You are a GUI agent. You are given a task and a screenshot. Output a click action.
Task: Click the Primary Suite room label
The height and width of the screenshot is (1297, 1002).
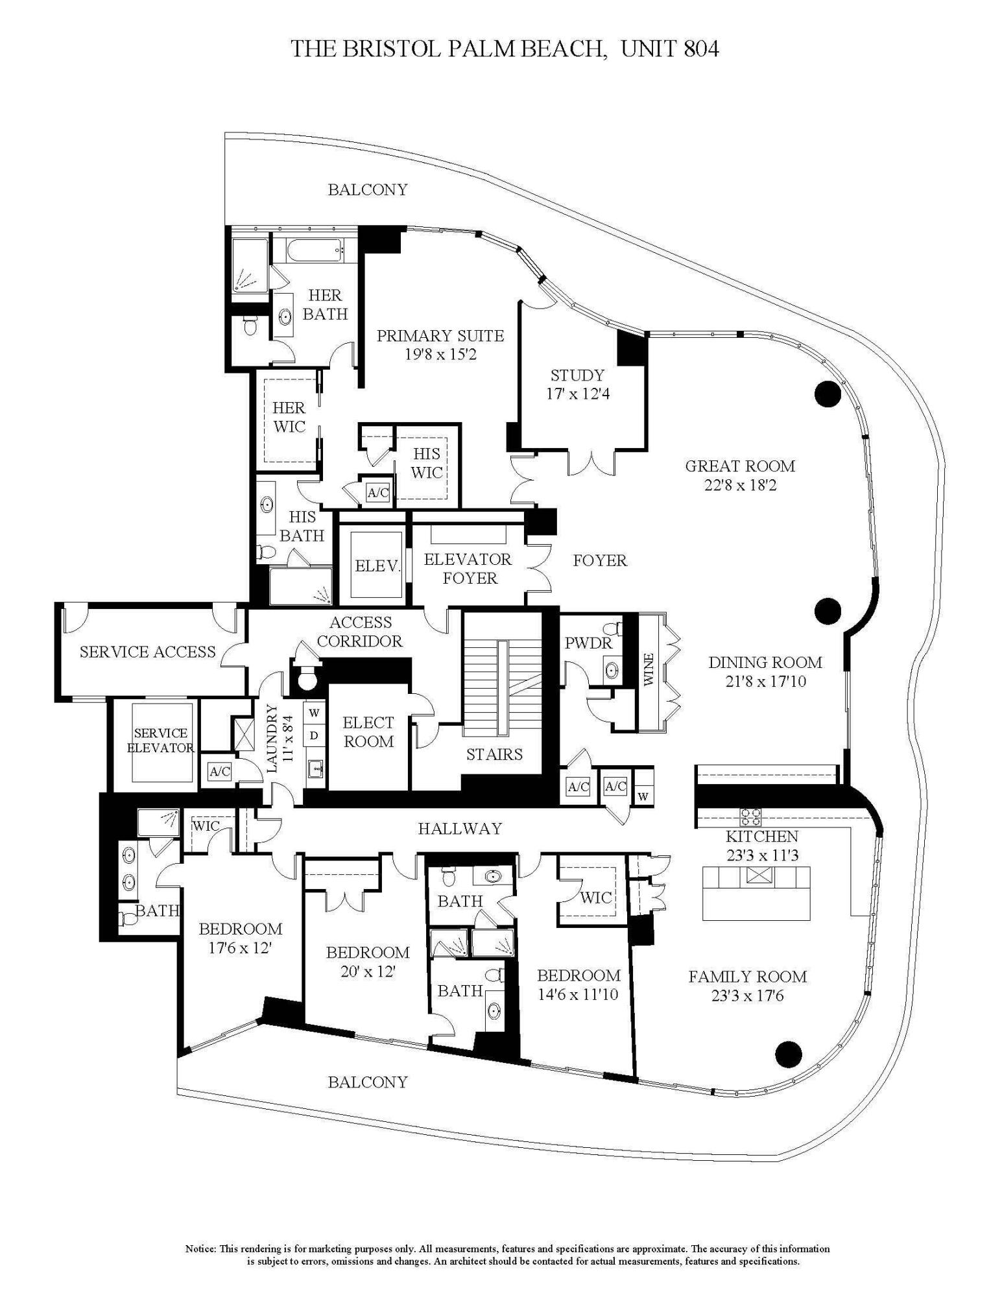[440, 336]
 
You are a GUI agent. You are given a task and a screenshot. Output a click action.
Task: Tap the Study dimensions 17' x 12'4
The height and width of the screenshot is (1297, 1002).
[577, 394]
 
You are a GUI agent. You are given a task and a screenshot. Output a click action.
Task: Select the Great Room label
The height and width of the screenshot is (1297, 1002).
[739, 466]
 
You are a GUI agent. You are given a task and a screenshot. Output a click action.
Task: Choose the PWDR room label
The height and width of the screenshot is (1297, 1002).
[588, 643]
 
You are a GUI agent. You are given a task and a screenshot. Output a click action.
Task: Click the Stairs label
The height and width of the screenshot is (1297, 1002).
[494, 754]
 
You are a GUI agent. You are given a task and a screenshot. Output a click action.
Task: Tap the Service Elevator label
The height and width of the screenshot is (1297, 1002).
[160, 740]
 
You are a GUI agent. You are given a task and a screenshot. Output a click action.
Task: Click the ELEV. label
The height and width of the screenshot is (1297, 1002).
[377, 565]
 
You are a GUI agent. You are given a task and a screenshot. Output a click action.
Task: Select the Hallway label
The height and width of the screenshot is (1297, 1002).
[460, 828]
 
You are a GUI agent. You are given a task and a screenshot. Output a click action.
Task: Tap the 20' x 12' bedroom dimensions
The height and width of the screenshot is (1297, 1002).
[367, 971]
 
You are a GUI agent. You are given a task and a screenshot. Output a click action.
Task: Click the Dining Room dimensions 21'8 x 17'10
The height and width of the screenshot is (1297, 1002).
[765, 682]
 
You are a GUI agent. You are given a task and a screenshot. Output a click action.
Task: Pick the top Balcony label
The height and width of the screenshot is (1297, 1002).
[367, 189]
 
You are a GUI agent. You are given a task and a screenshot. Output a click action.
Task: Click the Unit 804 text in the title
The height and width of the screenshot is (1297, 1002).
[669, 49]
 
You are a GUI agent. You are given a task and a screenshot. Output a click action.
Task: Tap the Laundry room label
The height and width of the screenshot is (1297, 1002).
[272, 738]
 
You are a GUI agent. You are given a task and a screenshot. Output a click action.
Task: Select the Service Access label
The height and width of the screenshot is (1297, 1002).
[147, 652]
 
